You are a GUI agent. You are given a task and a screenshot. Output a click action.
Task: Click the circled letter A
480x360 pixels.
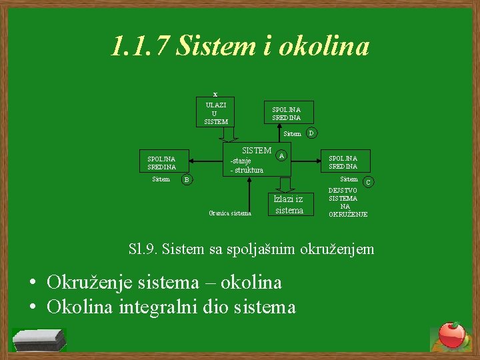coord(282,155)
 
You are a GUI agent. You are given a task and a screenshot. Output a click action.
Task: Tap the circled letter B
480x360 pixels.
coord(187,179)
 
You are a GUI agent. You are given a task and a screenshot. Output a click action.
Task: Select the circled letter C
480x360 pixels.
coord(367,181)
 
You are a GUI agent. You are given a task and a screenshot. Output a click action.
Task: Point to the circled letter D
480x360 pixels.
coord(311,133)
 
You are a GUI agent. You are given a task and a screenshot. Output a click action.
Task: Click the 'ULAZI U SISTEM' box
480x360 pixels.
coord(215,113)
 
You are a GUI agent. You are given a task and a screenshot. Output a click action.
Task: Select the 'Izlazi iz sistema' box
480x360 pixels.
coord(289,204)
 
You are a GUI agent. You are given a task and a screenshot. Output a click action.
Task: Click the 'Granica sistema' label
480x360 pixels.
coord(230,213)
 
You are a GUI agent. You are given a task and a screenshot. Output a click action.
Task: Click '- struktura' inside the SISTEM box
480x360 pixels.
coord(247,170)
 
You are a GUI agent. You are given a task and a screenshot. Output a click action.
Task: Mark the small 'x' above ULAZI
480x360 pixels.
coord(215,94)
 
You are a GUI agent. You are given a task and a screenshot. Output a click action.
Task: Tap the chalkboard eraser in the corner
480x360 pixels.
coord(39,339)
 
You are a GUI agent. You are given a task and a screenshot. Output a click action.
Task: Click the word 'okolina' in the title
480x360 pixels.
coord(323,47)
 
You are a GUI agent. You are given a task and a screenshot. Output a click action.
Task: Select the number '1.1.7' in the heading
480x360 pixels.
coord(139,47)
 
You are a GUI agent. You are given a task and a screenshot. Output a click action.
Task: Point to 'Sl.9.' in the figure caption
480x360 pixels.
coord(143,249)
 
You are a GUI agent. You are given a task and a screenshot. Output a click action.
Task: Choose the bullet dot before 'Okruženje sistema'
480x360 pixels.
coord(32,283)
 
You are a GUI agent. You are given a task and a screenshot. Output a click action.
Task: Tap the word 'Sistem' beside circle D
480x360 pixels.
coord(292,134)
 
